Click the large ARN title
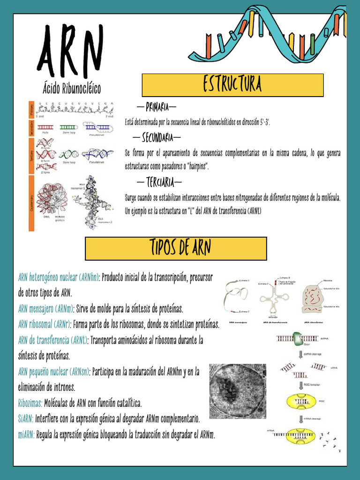(70, 52)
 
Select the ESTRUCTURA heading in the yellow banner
(232, 85)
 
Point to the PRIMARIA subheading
(157, 107)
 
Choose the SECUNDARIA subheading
(157, 138)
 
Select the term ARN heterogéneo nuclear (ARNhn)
(59, 277)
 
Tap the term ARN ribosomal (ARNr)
(45, 324)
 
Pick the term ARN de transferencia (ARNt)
(53, 340)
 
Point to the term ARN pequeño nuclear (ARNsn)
(54, 372)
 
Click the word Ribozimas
(30, 403)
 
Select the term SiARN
(25, 419)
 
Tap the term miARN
(26, 435)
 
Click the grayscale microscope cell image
(238, 391)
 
